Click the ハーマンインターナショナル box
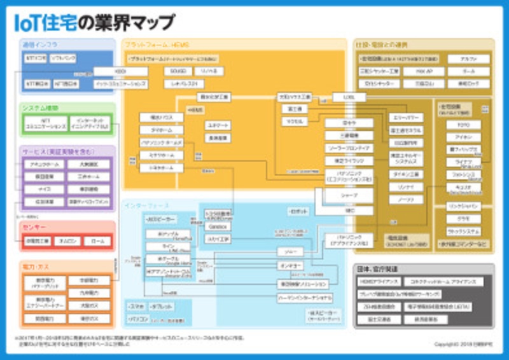(303, 297)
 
